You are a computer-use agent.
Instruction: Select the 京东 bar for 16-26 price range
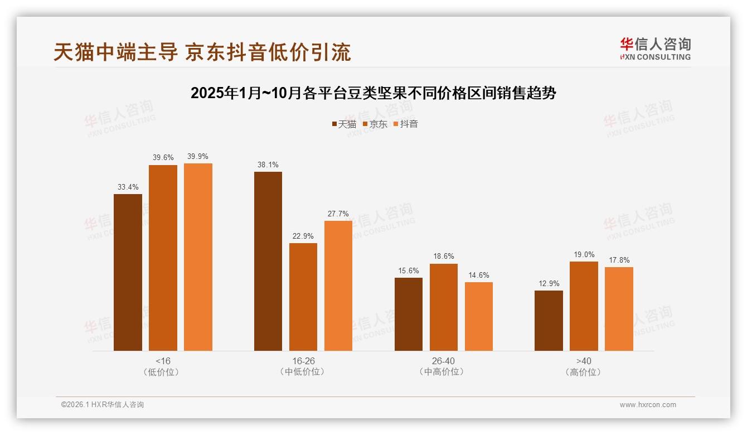click(x=303, y=297)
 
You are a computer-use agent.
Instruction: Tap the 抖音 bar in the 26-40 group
click(x=479, y=316)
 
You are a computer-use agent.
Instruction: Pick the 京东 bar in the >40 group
click(x=584, y=306)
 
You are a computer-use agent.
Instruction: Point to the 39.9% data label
click(x=198, y=157)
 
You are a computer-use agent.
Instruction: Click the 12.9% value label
click(x=549, y=284)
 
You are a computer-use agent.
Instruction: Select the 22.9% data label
click(x=303, y=236)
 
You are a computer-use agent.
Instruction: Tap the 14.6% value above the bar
click(x=479, y=275)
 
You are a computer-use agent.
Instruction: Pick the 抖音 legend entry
click(x=406, y=124)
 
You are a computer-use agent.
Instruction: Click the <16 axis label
click(x=163, y=361)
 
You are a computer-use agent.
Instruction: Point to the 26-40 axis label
click(x=443, y=361)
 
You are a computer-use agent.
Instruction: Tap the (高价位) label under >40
click(x=584, y=372)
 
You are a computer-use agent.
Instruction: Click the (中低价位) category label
click(x=303, y=372)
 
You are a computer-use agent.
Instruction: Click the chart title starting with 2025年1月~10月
click(x=373, y=93)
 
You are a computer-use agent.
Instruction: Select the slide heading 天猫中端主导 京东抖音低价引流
click(x=202, y=52)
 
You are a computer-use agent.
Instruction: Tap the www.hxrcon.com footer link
click(x=648, y=405)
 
